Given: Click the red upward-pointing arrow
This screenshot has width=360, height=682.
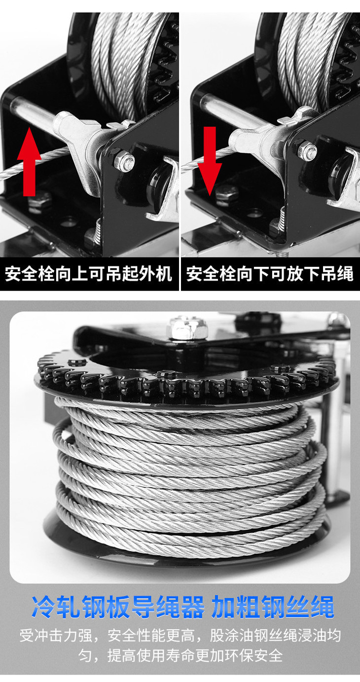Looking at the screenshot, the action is (29, 161).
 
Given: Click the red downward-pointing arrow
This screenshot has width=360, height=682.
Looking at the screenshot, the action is (210, 161).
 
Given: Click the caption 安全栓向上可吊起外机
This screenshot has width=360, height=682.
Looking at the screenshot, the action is (88, 273).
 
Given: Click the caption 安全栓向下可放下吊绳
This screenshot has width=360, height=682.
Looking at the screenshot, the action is (270, 273).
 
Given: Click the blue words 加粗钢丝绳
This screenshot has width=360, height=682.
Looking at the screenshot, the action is (273, 607).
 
